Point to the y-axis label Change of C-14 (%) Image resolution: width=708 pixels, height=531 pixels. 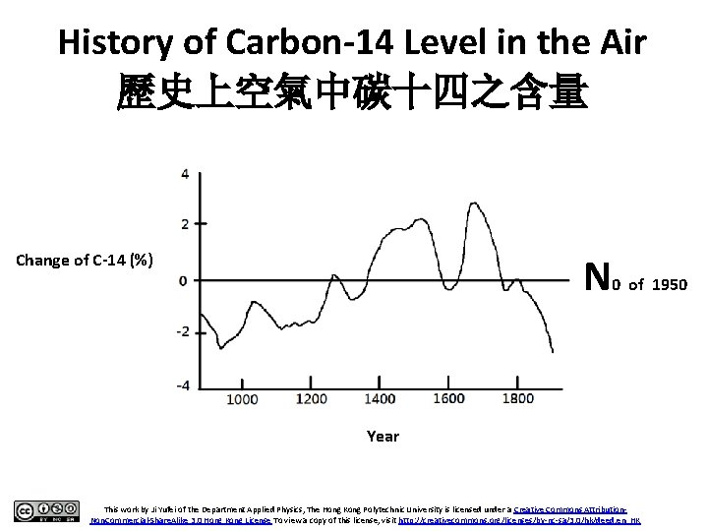84,261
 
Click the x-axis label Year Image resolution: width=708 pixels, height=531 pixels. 382,436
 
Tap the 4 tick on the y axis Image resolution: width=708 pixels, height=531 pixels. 185,174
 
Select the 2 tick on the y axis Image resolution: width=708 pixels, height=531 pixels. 185,224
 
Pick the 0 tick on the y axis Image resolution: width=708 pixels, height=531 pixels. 185,280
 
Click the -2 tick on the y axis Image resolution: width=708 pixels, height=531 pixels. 182,332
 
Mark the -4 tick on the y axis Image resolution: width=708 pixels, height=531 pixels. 182,384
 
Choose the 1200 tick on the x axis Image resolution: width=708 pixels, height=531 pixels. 312,399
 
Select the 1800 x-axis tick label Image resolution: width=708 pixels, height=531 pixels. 517,399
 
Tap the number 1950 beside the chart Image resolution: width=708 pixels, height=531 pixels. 670,284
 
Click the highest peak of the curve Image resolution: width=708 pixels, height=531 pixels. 474,203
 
